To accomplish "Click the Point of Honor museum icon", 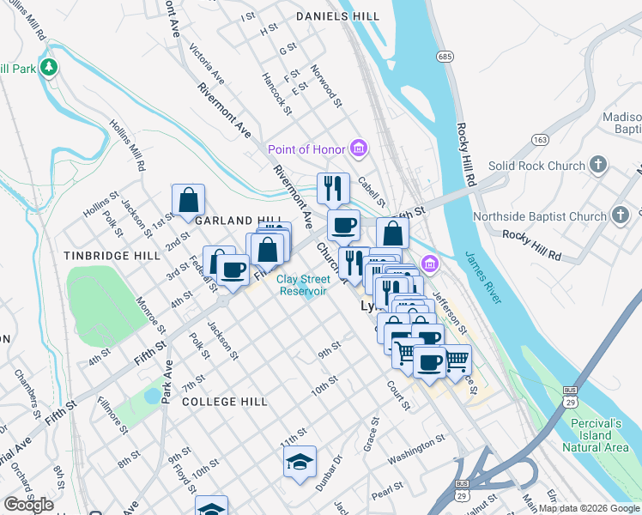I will point(359,149).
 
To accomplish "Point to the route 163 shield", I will point(540,139).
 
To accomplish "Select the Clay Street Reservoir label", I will point(301,284).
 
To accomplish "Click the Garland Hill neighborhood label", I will point(227,221).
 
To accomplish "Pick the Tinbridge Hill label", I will point(100,256).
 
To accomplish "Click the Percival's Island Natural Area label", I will point(606,434).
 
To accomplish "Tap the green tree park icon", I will point(49,67).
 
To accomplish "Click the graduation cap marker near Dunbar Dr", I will point(300,462).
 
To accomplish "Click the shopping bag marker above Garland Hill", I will point(188,201).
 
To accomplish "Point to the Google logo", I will point(29,505).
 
